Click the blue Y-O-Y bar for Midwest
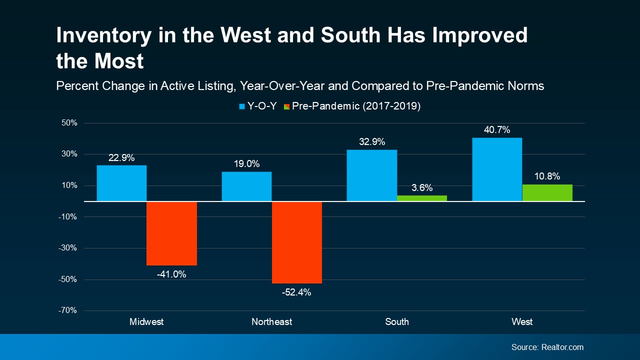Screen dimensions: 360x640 tap(121, 183)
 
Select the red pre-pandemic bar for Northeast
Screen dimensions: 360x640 tap(296, 242)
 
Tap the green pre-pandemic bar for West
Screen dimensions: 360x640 tap(547, 193)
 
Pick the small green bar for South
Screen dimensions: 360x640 tap(421, 198)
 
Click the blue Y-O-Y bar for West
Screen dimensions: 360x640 tap(497, 169)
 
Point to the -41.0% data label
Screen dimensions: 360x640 tap(171, 274)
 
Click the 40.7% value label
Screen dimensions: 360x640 tap(497, 130)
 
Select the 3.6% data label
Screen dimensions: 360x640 tap(421, 188)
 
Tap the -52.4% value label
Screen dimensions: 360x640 tap(296, 292)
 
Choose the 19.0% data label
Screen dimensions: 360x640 tap(246, 164)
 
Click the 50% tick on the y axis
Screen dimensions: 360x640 tap(69, 123)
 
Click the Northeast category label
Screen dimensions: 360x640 tap(271, 321)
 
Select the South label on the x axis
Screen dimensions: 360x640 tap(397, 321)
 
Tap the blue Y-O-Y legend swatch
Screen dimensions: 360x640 tap(242, 106)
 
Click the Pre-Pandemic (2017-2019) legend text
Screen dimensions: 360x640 tap(356, 106)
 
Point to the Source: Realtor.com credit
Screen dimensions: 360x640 tap(547, 347)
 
